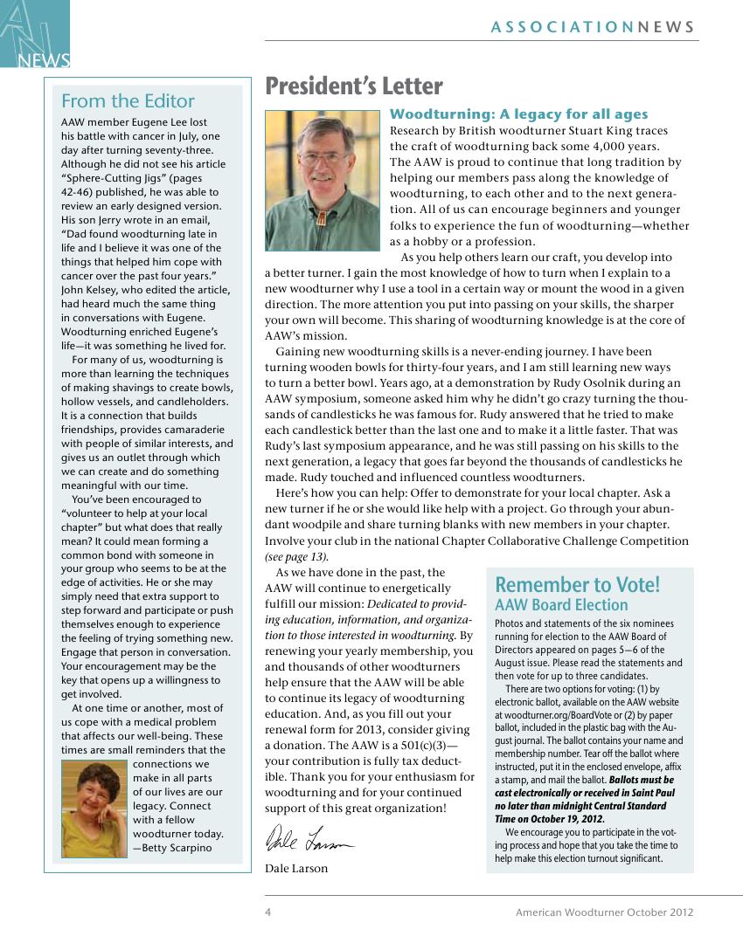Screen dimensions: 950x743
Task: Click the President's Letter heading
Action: click(354, 86)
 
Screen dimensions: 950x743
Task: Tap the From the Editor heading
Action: click(128, 100)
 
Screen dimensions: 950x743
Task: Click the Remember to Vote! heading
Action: click(578, 584)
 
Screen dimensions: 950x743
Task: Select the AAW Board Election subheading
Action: click(561, 605)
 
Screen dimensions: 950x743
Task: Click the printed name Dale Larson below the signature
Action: click(296, 868)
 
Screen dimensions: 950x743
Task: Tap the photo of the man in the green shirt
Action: click(323, 180)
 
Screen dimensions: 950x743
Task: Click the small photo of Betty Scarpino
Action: click(94, 809)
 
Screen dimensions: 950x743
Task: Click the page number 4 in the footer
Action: click(268, 912)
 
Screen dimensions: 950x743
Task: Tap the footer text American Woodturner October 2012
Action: click(604, 912)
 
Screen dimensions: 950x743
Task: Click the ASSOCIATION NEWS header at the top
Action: click(593, 27)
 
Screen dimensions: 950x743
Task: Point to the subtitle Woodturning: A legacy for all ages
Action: click(518, 114)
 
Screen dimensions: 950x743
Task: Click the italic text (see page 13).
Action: click(297, 556)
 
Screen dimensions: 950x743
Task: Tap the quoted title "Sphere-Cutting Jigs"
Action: click(115, 178)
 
